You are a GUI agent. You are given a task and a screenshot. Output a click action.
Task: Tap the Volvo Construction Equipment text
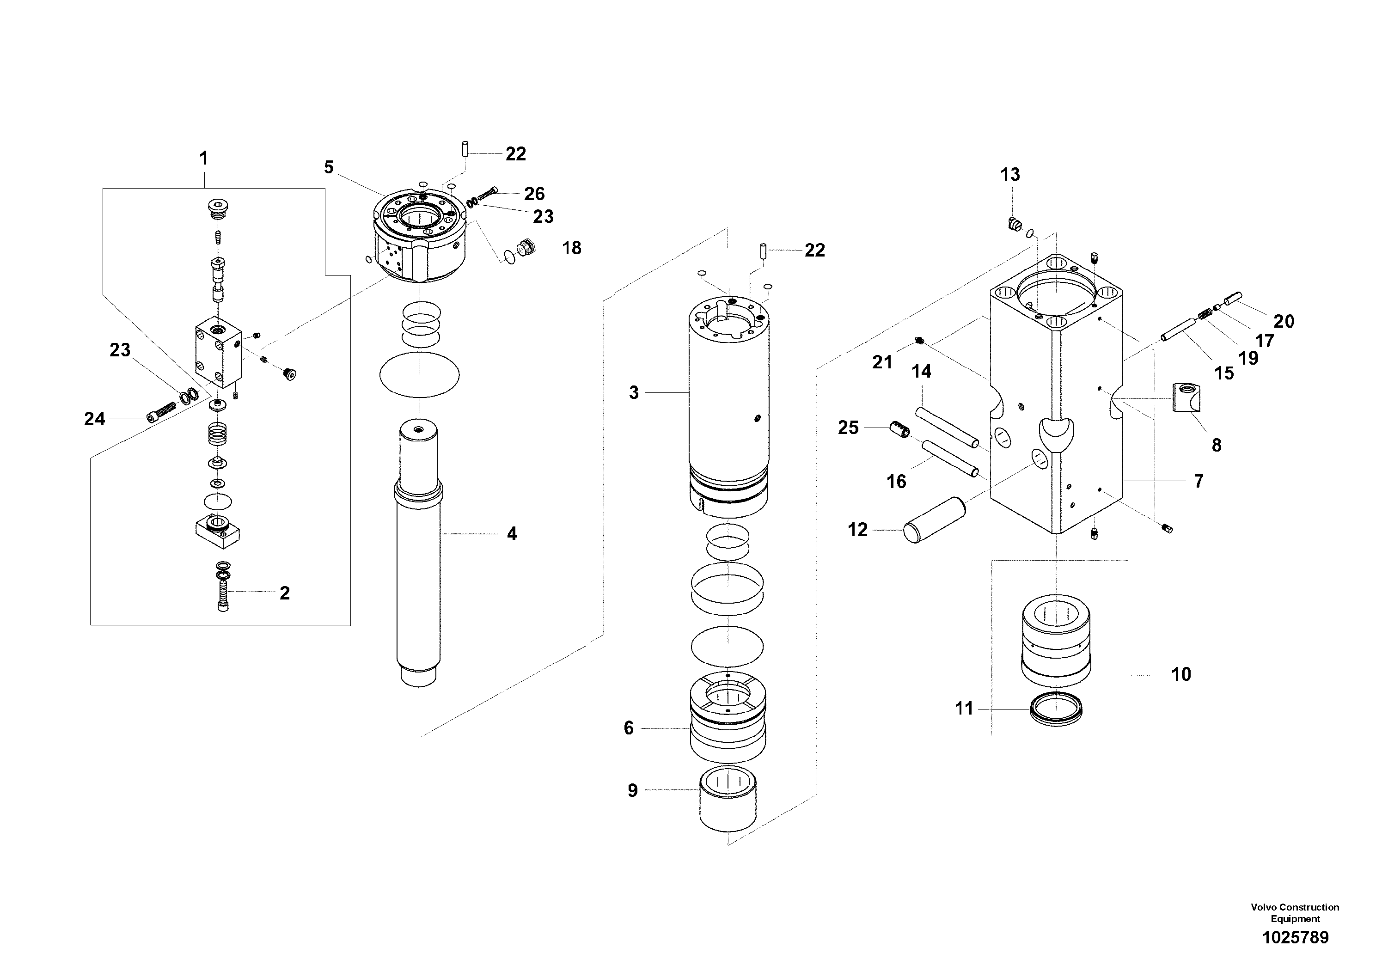click(x=1295, y=913)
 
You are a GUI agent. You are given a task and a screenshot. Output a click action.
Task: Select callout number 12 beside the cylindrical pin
click(x=857, y=530)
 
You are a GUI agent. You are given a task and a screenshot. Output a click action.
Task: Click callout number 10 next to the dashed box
click(x=1180, y=674)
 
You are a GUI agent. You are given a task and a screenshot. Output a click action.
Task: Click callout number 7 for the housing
click(x=1198, y=481)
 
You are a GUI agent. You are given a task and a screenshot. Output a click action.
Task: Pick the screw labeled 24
click(x=160, y=412)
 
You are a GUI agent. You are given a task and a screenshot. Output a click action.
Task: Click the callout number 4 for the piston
click(x=511, y=533)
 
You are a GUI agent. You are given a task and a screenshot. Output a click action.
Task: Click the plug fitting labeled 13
click(x=1013, y=225)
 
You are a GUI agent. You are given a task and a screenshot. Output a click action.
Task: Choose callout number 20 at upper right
click(x=1283, y=321)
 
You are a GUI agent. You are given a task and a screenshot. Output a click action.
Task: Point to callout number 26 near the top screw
click(x=534, y=194)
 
